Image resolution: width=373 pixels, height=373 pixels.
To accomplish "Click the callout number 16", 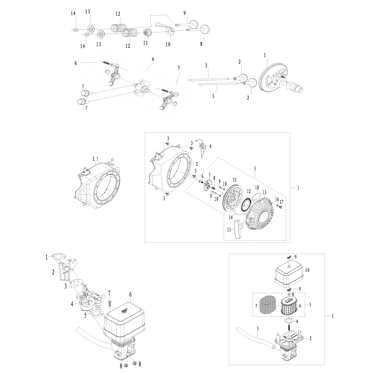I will click(277, 200).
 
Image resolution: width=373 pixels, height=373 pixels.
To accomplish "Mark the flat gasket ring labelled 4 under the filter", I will click(288, 321).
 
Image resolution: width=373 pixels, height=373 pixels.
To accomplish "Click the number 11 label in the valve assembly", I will click(145, 43).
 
